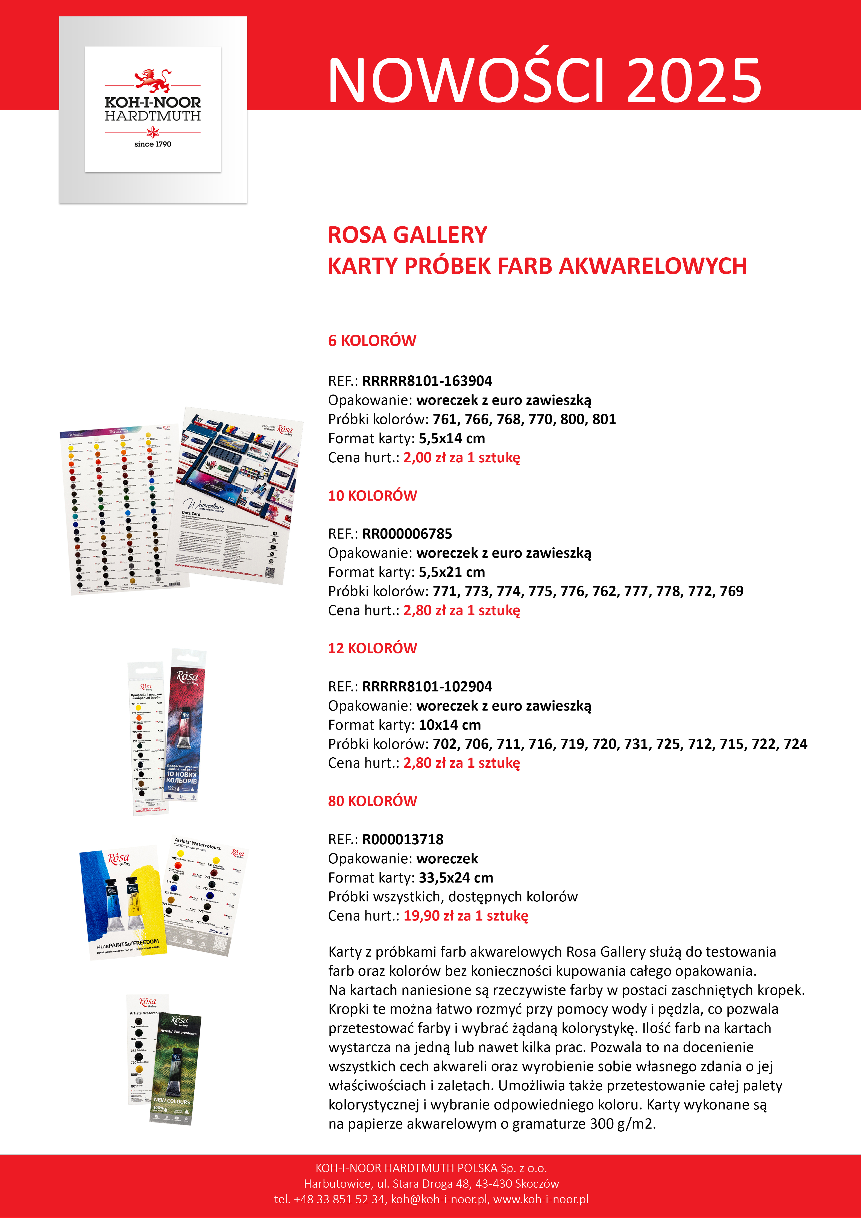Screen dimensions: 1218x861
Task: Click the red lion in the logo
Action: pyautogui.click(x=153, y=80)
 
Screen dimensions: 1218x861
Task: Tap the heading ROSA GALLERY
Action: pyautogui.click(x=407, y=235)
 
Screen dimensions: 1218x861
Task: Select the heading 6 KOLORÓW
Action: pyautogui.click(x=372, y=341)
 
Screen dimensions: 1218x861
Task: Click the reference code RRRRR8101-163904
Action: pyautogui.click(x=427, y=381)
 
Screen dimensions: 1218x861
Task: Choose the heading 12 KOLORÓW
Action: pyautogui.click(x=372, y=648)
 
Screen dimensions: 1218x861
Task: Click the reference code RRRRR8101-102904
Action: pyautogui.click(x=427, y=687)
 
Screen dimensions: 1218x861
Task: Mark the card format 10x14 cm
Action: pyautogui.click(x=450, y=725)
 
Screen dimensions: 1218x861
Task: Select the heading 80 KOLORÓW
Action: pyautogui.click(x=372, y=801)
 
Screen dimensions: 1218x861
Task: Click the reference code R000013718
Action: pyautogui.click(x=403, y=839)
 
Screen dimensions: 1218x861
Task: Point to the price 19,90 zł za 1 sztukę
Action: pyautogui.click(x=466, y=916)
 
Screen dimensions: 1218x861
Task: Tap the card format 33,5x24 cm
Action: pyautogui.click(x=456, y=877)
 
